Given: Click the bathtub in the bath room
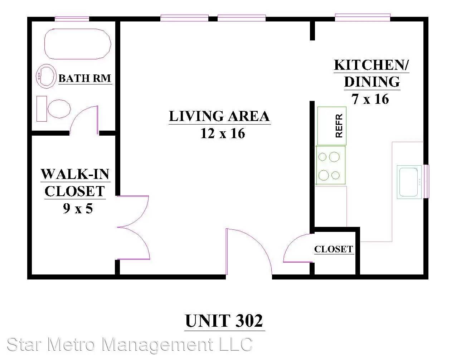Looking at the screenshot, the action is coord(78,44).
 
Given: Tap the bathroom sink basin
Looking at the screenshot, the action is coord(46,76).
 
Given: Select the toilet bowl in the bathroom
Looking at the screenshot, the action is coord(59,109).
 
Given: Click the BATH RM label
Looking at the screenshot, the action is coord(85,78).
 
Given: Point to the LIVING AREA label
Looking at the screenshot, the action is coord(219,116).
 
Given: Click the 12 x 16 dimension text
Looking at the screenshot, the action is coord(223,133).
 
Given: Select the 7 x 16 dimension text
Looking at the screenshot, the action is coord(370,99).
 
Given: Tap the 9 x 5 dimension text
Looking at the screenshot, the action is coord(78,208).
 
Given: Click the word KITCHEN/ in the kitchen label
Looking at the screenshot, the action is coord(372,65).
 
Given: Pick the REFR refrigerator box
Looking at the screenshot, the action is coord(332,126).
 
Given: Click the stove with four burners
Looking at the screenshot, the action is coord(330,165).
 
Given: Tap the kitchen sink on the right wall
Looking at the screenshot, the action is coord(409,182).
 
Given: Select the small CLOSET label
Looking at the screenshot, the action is coord(334,249).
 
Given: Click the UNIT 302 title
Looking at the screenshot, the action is coord(224,321).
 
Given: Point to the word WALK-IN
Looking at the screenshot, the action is coord(76,174).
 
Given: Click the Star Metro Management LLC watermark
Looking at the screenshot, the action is coord(130,345).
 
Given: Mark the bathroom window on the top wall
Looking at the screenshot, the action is coord(72,19).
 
